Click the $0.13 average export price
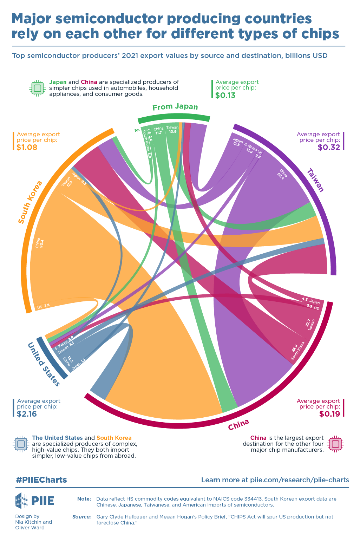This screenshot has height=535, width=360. [x=225, y=95]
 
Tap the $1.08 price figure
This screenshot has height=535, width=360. [x=27, y=147]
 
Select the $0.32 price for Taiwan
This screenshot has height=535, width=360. [x=329, y=147]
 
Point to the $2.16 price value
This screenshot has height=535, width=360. [x=27, y=414]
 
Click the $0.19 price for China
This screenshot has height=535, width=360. [x=329, y=414]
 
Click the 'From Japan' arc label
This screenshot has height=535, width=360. [x=175, y=107]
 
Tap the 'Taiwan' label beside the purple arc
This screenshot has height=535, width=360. [x=315, y=180]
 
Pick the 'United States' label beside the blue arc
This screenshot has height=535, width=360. [x=44, y=364]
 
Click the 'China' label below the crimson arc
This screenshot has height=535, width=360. [x=238, y=424]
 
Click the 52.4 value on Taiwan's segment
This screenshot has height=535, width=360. [x=281, y=175]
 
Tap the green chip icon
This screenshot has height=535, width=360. [x=38, y=88]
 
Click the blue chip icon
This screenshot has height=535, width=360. [x=21, y=444]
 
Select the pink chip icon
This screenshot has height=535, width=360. [x=335, y=444]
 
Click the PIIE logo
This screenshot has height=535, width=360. [x=34, y=500]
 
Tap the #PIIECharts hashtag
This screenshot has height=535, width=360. [x=41, y=480]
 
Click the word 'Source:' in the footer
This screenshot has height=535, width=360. [x=82, y=517]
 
